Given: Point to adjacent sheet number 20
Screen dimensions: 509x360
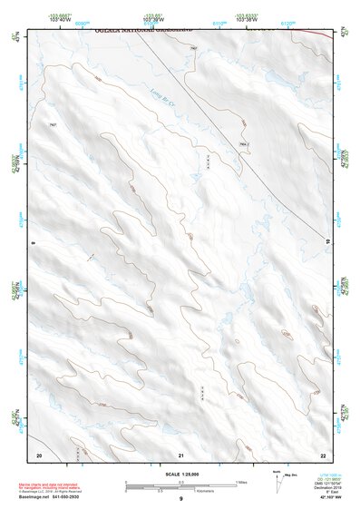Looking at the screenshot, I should point(39,454).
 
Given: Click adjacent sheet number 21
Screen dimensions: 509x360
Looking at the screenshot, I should point(181,454).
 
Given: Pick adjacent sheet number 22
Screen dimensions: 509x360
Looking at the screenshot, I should point(324,454).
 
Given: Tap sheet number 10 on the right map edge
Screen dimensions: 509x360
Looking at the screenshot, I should point(327,241).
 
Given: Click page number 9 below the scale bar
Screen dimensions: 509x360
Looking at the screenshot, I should point(180,499).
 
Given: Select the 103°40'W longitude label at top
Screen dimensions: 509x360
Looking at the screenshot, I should point(60,19).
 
